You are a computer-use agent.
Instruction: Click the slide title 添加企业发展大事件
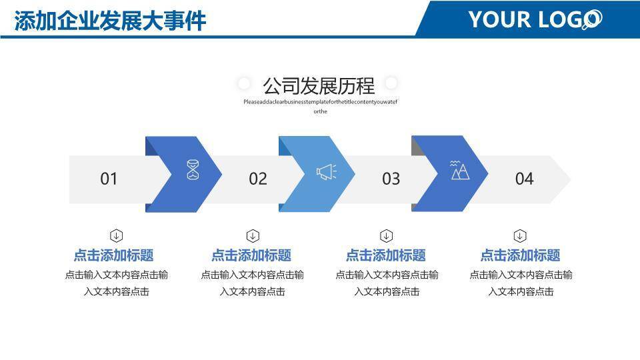tap(110, 21)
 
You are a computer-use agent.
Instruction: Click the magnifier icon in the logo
tap(591, 21)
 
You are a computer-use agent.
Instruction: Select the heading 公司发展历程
tap(318, 85)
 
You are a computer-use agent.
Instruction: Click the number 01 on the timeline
tap(109, 179)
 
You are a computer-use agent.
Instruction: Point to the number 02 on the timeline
tap(258, 179)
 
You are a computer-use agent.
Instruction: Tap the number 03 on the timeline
tap(391, 179)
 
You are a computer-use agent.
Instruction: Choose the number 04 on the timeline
tap(524, 179)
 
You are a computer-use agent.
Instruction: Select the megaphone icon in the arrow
tap(326, 172)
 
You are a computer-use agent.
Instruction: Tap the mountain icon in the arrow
tap(460, 170)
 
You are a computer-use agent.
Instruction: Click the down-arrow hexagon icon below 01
tap(116, 235)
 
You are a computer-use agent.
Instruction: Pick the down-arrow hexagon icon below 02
tap(253, 235)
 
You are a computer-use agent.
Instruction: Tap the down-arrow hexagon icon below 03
tap(386, 235)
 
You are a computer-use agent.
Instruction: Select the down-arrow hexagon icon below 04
tap(520, 235)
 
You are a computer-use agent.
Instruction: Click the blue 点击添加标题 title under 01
tap(113, 255)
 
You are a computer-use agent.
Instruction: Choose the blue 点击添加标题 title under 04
tap(520, 255)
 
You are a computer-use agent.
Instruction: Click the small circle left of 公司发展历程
tap(244, 83)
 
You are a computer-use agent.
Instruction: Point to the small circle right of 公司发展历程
tap(391, 83)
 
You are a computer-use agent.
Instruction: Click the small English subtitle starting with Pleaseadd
tap(320, 102)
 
